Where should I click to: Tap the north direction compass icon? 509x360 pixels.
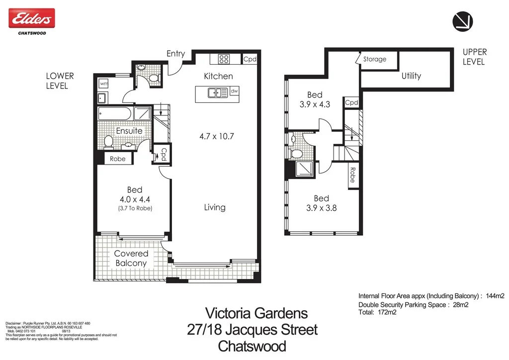(462, 21)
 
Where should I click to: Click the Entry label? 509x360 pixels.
(175, 54)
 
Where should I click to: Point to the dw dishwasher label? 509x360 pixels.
(234, 92)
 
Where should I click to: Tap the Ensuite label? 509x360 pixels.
(129, 131)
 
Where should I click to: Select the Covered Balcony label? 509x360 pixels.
(131, 258)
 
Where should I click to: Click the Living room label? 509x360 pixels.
(214, 207)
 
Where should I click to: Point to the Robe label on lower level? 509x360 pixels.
(118, 159)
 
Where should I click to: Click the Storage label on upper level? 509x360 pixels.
(374, 59)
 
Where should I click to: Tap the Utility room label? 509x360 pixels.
(411, 76)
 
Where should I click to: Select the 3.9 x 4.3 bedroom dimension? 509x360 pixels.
(315, 105)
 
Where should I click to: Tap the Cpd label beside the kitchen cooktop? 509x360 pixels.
(250, 59)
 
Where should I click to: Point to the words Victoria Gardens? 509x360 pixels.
(256, 313)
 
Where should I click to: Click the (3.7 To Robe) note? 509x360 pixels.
(135, 208)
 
